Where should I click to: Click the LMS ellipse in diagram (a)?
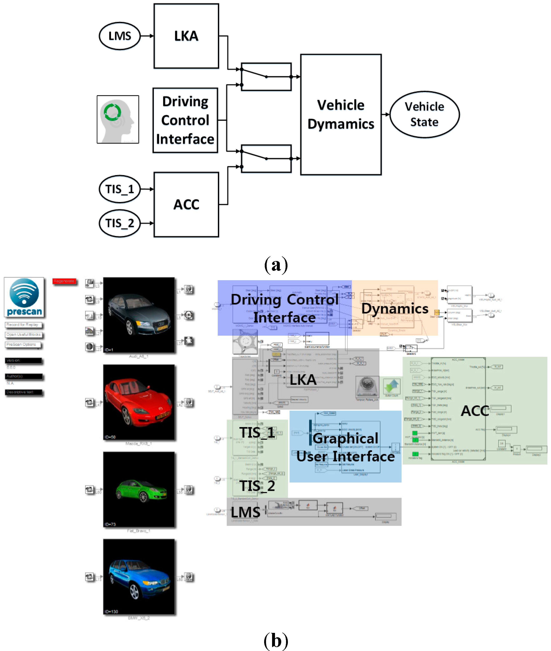(x=120, y=36)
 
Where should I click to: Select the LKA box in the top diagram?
(x=186, y=36)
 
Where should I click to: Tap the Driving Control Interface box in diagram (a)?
(x=185, y=120)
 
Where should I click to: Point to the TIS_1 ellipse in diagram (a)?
(x=120, y=189)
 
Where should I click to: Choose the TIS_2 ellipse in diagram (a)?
(x=120, y=223)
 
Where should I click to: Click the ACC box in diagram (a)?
(x=186, y=205)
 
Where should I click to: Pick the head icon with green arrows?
(x=118, y=119)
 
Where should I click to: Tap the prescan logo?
(x=24, y=297)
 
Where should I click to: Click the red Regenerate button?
(x=64, y=281)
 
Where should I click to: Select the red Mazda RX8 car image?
(x=139, y=402)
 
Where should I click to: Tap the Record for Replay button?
(x=23, y=325)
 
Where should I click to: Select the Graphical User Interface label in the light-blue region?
(x=345, y=447)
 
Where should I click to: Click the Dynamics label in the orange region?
(x=395, y=308)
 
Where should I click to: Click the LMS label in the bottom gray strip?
(x=246, y=512)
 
